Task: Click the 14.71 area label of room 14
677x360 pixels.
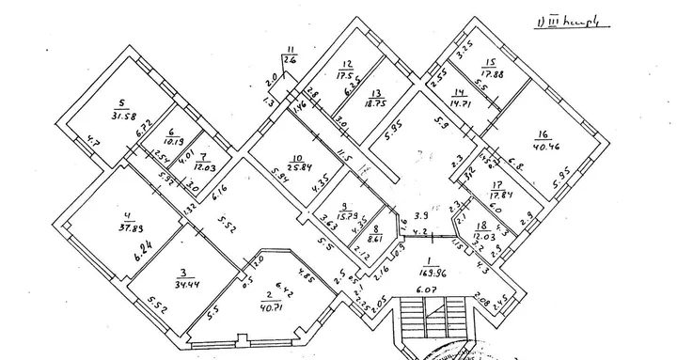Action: click(x=459, y=105)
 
